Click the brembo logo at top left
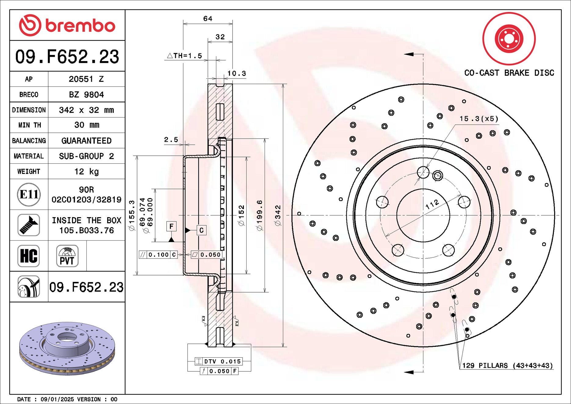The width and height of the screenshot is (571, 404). point(67,25)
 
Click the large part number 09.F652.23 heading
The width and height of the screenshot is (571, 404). point(67,56)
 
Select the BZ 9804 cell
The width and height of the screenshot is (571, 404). point(86,95)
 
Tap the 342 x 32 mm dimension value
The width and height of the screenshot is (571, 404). point(86,110)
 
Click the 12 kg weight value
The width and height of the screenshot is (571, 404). point(86,172)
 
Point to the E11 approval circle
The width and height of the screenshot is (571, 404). point(29,195)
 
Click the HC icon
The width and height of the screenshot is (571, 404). point(29,256)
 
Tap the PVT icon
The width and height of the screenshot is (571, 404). point(67,256)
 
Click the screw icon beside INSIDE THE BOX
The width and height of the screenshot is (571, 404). point(29,225)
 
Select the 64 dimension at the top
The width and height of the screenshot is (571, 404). point(208,19)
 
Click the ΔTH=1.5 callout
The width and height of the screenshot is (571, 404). point(185,56)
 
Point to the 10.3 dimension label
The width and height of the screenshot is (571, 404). point(237,74)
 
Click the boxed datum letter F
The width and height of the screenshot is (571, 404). point(172,226)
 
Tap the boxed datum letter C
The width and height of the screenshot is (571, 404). point(201,230)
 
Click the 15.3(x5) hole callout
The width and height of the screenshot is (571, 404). point(479,119)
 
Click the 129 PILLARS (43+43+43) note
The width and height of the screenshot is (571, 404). point(507,366)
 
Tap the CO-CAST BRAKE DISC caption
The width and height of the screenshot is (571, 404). point(509,73)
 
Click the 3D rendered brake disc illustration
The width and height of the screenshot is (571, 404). point(67,348)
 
